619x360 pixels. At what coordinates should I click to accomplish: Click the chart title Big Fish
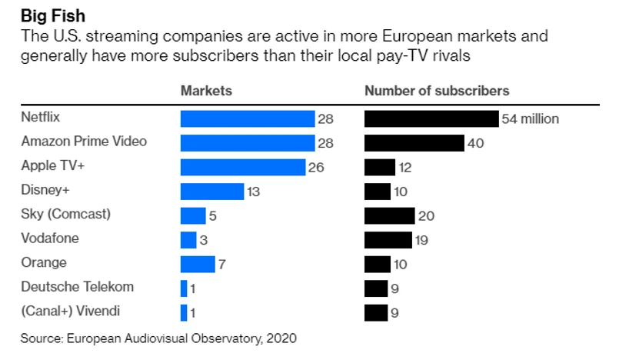tap(52, 14)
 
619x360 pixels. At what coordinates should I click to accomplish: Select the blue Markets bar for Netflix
tap(248, 118)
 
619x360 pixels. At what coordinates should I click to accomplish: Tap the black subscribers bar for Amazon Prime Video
tap(414, 143)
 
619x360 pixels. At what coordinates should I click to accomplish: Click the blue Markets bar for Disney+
tap(212, 192)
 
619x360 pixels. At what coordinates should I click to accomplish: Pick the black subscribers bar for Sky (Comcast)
tap(389, 215)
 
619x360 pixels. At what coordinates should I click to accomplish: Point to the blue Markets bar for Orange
tap(198, 264)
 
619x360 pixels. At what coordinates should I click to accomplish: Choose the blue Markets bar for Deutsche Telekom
tap(184, 288)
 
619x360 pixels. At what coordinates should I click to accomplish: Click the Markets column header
tap(206, 91)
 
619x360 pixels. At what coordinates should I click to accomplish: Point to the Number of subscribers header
tap(436, 91)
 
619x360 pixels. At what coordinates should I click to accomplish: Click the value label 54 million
tap(531, 119)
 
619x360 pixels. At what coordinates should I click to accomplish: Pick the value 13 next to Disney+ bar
tap(254, 192)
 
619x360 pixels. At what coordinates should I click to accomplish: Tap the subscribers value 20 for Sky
tap(426, 216)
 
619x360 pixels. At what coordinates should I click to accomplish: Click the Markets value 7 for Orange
tap(221, 265)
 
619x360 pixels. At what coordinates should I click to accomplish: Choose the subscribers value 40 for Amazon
tap(476, 143)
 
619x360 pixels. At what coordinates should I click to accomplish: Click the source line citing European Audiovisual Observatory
tap(158, 338)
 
